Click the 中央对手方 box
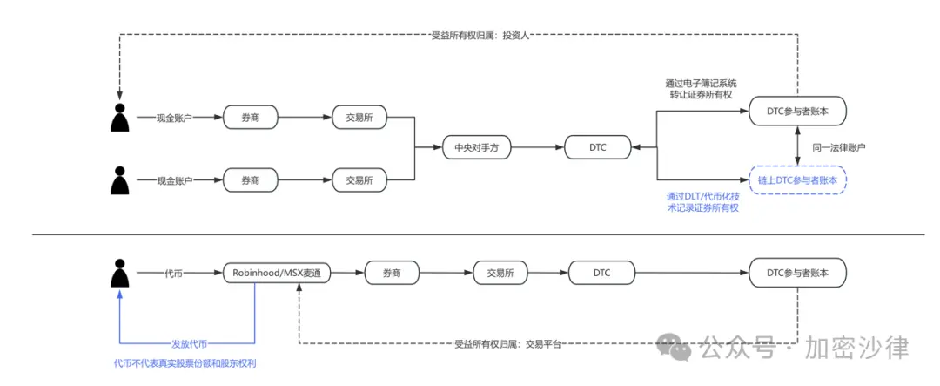[x=475, y=148]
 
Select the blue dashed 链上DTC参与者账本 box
[x=797, y=180]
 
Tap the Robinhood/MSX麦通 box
[x=278, y=273]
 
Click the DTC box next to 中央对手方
[x=597, y=148]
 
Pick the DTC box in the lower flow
[x=601, y=273]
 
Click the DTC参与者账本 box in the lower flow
[x=797, y=273]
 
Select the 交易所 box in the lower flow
[x=500, y=273]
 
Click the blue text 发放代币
[x=189, y=344]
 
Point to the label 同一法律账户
[x=839, y=147]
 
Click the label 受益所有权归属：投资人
[x=480, y=36]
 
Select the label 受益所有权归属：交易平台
[x=507, y=344]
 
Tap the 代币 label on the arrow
[x=174, y=273]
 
